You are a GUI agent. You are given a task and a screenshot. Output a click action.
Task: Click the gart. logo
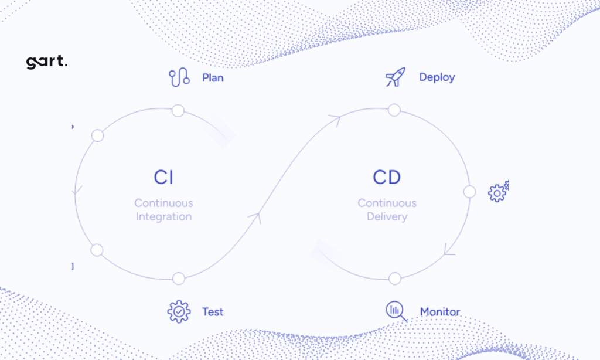point(47,62)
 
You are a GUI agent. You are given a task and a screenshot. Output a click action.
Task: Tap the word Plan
point(213,78)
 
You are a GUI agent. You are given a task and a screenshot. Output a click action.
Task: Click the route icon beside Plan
point(179,77)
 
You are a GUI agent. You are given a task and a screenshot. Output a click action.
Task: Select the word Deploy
point(437,77)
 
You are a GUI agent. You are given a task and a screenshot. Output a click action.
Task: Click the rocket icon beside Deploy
point(396,77)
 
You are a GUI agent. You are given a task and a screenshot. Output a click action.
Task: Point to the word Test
point(213,312)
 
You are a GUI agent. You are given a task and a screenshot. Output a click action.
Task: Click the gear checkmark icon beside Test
point(179,312)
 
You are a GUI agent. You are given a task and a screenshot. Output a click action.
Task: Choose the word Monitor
point(440,312)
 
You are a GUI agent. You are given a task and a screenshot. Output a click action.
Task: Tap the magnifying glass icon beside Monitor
point(396,311)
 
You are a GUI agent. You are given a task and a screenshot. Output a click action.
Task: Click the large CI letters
point(163,177)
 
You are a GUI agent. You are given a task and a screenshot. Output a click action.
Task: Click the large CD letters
point(387,177)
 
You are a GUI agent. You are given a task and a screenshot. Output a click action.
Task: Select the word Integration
point(164,217)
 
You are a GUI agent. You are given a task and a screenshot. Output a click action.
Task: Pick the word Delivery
point(387,217)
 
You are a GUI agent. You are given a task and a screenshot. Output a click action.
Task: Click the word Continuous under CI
point(164,203)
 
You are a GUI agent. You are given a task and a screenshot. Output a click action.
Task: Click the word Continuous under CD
point(387,203)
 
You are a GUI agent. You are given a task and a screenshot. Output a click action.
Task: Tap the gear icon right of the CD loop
point(498,192)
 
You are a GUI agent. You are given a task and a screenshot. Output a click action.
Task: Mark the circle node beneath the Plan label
point(178,111)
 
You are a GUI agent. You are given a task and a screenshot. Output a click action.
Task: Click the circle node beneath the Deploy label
point(394,110)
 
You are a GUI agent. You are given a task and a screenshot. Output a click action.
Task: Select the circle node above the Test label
point(179,279)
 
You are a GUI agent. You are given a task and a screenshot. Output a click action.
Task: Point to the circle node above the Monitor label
point(395,279)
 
